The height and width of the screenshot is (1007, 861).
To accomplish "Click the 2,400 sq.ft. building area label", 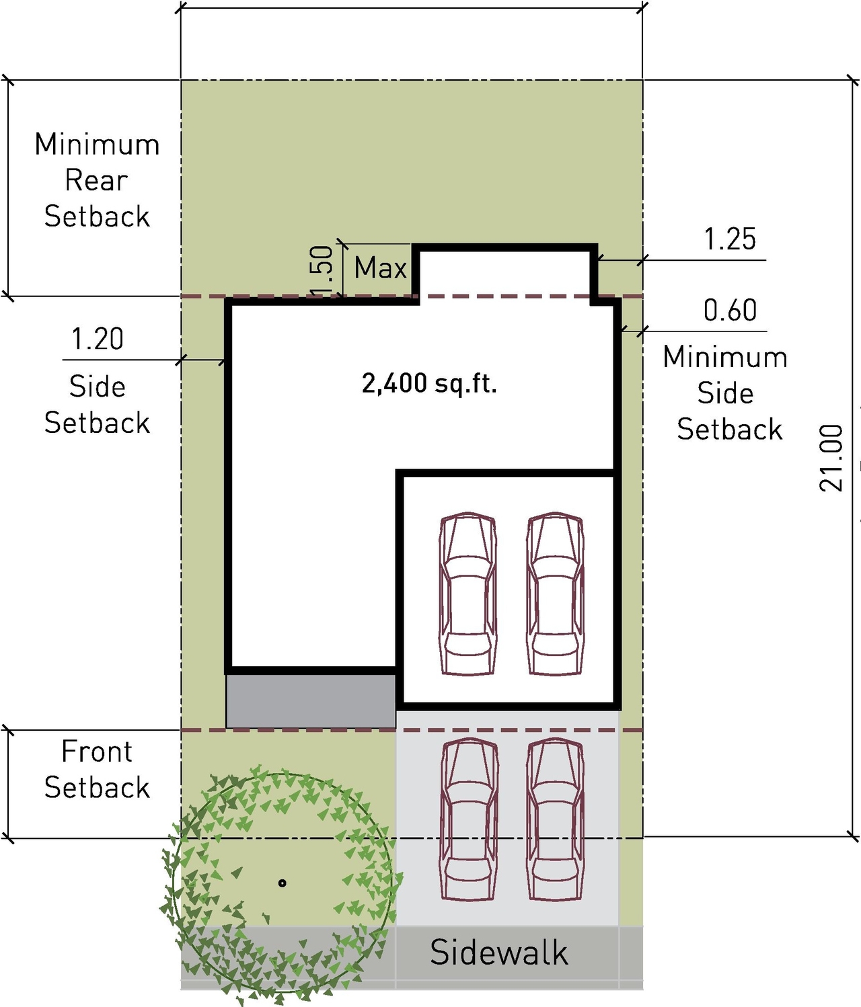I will (x=429, y=384).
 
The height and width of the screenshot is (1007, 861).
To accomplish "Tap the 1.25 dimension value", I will (x=730, y=240).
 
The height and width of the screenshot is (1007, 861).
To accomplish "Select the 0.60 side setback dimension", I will (x=730, y=311).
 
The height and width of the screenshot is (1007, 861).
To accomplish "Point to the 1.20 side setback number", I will (x=98, y=339).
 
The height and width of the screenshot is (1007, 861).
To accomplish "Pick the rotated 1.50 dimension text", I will (x=323, y=270).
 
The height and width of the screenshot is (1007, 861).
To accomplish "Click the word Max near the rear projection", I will (x=381, y=268).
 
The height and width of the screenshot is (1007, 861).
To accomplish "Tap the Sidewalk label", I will (x=498, y=953).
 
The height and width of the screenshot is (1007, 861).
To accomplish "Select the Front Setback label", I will (x=97, y=770).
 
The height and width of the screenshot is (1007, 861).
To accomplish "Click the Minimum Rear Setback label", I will (x=97, y=180).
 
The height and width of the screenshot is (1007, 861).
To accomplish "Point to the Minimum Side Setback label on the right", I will (x=726, y=393).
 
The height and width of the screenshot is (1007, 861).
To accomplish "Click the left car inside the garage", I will (x=468, y=594).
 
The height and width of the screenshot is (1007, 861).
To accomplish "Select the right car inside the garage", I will (x=555, y=594).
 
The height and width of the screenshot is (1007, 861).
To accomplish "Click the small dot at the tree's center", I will (x=283, y=883).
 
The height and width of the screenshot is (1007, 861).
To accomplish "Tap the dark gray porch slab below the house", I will (x=311, y=701).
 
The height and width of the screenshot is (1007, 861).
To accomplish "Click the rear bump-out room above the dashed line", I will (x=504, y=272).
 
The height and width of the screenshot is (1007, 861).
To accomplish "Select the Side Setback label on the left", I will (x=97, y=405).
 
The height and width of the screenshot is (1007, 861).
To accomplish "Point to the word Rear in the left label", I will (x=96, y=180).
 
